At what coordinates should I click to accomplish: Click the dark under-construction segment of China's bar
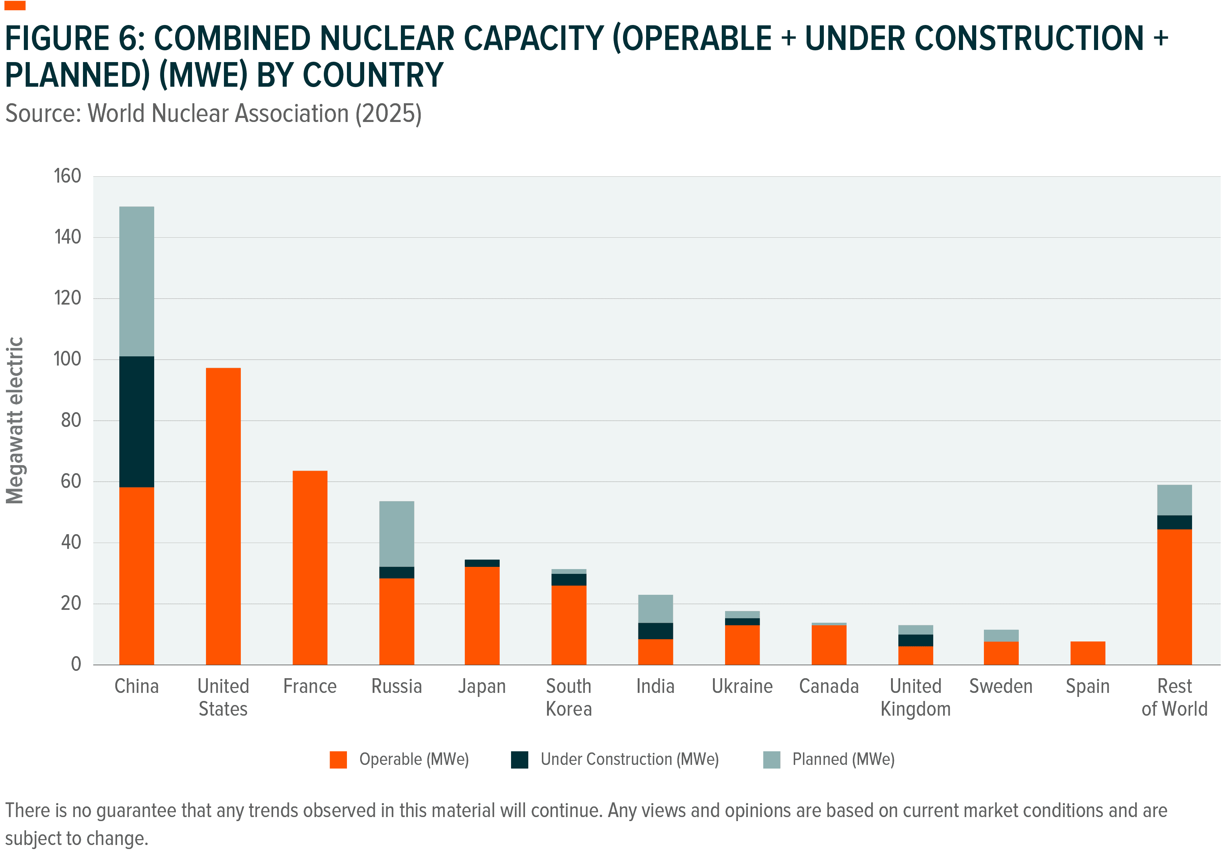pos(137,421)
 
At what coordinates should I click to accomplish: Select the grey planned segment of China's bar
pos(137,281)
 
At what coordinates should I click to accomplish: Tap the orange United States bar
pos(223,516)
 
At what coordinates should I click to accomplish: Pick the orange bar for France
pos(310,568)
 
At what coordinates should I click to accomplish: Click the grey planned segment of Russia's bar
pos(396,533)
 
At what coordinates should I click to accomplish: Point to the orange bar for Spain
pos(1087,653)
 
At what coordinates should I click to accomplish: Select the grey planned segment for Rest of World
pos(1174,500)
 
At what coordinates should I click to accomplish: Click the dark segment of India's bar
pos(655,630)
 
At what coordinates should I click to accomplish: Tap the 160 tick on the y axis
pos(67,176)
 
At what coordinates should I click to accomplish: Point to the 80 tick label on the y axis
pos(70,420)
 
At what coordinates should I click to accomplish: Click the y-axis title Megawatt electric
pos(15,420)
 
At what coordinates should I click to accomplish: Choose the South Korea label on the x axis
pos(568,697)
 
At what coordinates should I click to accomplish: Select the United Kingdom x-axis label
pos(915,697)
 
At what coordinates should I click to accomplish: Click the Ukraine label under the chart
pos(742,686)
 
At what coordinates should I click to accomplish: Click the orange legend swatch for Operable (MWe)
pos(338,759)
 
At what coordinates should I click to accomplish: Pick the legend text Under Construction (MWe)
pos(629,759)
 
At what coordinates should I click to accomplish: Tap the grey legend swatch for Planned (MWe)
pos(771,759)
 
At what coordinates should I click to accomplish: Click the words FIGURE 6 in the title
pos(75,39)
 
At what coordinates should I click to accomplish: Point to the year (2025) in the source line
pos(388,114)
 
